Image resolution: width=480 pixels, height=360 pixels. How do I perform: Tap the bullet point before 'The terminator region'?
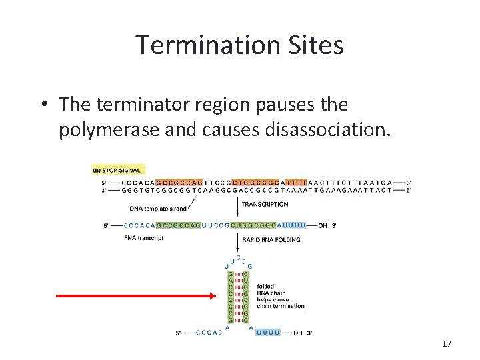tap(42, 105)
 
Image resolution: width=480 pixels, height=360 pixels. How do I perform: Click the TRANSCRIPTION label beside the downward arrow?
tap(265, 205)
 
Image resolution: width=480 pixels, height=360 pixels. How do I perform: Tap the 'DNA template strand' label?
tap(158, 209)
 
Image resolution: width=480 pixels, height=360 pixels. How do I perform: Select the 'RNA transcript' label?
tap(143, 238)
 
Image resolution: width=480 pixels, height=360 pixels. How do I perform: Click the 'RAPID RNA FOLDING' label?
tap(271, 240)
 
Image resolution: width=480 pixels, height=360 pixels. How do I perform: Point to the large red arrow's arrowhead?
tap(217, 294)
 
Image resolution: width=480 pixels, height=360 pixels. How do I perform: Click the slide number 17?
tap(447, 344)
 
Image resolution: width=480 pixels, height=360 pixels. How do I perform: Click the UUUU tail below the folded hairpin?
tap(267, 333)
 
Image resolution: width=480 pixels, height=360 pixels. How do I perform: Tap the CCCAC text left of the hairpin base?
tap(209, 333)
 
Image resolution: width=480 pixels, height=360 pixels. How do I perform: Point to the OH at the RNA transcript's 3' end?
tap(323, 225)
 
